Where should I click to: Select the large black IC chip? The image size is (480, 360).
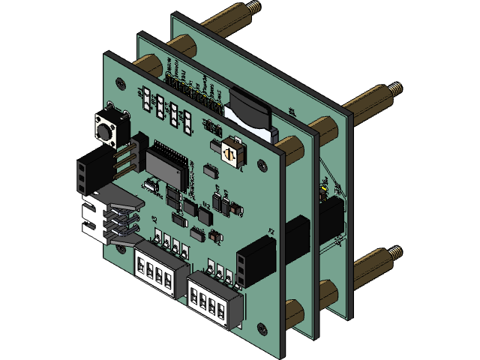click(x=166, y=162)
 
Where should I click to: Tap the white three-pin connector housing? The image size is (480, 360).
click(x=94, y=218)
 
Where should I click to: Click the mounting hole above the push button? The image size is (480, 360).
click(x=112, y=104)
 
